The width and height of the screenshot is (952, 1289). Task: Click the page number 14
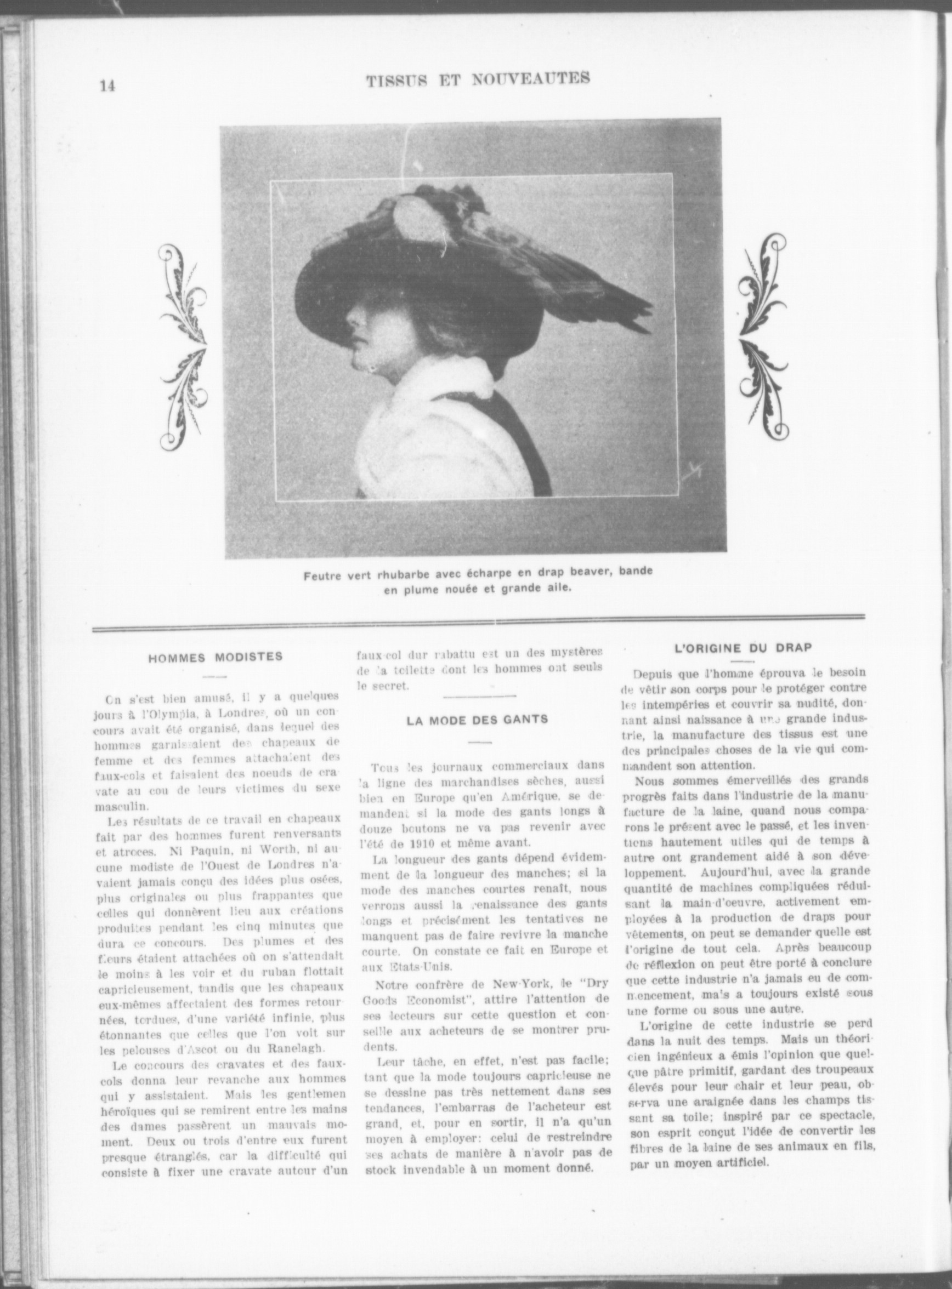coord(108,86)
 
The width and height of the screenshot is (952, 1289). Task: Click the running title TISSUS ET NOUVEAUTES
coord(478,79)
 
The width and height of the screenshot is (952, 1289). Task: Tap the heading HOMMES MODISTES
coord(216,657)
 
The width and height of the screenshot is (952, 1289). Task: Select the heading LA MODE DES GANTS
coord(478,720)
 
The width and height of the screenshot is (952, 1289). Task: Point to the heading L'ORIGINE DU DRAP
coord(743,647)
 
